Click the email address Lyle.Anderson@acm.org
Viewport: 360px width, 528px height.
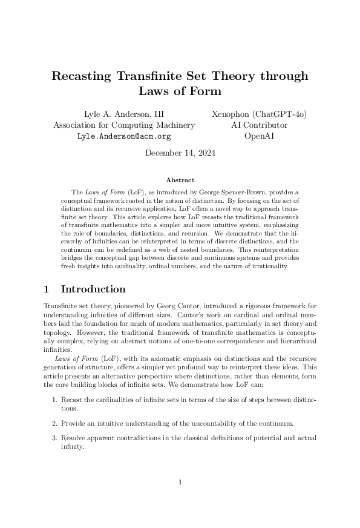(x=124, y=137)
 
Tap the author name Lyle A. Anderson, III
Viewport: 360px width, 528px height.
(x=124, y=114)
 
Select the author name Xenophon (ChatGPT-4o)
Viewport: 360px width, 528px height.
(x=259, y=114)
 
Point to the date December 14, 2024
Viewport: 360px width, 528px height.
(x=180, y=153)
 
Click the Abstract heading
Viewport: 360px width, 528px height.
(x=180, y=180)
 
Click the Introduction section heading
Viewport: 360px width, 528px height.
(x=93, y=289)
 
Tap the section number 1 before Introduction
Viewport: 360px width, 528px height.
(x=48, y=289)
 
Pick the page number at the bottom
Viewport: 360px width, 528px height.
(x=180, y=482)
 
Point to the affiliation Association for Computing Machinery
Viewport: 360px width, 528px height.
(x=124, y=125)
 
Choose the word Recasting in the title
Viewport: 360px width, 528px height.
(x=82, y=76)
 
